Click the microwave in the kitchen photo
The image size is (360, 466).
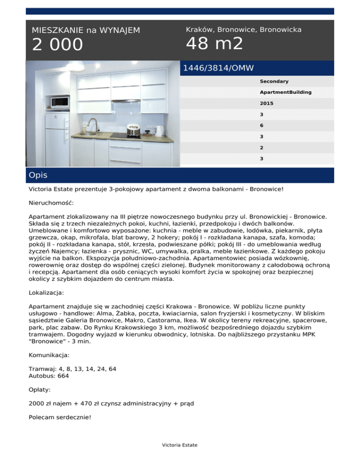[x=60, y=101]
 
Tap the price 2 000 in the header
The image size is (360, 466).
[x=57, y=45]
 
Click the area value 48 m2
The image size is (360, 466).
[x=214, y=44]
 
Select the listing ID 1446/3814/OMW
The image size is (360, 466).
[x=218, y=68]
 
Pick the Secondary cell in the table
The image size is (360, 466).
[x=274, y=81]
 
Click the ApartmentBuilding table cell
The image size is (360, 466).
[x=285, y=92]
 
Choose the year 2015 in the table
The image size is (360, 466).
[x=267, y=103]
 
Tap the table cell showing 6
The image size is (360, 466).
[x=262, y=125]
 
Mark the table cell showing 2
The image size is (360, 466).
[x=262, y=147]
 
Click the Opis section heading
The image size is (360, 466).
[x=38, y=175]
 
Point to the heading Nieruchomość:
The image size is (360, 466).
[x=51, y=203]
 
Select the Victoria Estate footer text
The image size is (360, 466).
[x=180, y=445]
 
